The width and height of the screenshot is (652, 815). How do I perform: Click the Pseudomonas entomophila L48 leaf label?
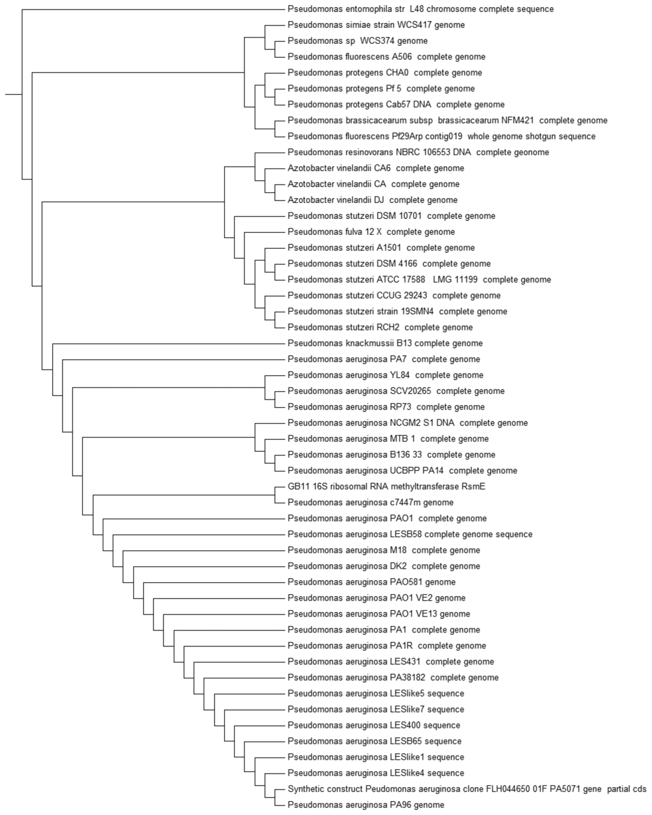coord(420,10)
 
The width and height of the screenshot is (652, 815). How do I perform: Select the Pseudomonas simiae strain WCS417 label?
coord(376,25)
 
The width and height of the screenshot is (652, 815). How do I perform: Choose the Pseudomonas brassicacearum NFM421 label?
coord(447,121)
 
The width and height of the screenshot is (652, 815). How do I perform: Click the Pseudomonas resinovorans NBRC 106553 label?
coord(418,153)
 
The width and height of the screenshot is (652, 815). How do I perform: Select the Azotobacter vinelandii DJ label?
coord(372,200)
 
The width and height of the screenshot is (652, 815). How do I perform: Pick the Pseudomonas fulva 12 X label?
coord(371,232)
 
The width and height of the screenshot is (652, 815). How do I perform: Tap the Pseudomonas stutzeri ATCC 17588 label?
coord(419,280)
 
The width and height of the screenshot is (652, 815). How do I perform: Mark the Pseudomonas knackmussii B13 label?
coord(385,344)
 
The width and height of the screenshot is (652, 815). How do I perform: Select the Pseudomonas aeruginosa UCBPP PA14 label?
coord(402,471)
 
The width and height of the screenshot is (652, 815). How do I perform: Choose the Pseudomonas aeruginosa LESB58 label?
coord(409,534)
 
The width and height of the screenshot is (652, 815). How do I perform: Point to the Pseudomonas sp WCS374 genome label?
coord(357,41)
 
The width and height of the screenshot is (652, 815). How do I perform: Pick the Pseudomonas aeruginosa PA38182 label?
coord(393,678)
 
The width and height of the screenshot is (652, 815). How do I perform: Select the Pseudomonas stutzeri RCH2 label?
coord(379,328)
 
